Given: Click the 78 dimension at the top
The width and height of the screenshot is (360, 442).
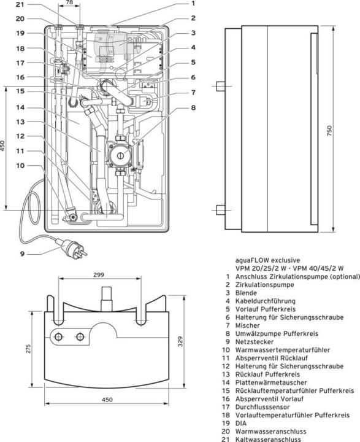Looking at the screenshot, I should tap(69, 3).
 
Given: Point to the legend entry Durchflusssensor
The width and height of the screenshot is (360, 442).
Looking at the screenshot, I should tap(263, 406).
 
